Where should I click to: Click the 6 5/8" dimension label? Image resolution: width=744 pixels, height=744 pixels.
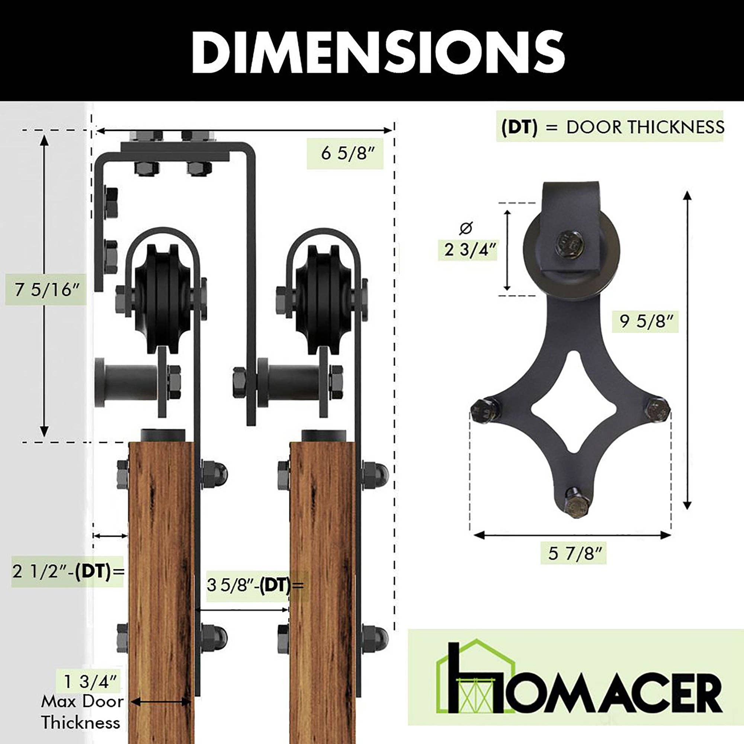click(345, 154)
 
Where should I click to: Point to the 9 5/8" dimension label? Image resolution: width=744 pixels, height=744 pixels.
click(645, 321)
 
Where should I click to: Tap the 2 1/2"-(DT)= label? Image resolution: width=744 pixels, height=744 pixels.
click(68, 571)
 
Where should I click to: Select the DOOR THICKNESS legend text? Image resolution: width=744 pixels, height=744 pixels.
click(645, 127)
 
